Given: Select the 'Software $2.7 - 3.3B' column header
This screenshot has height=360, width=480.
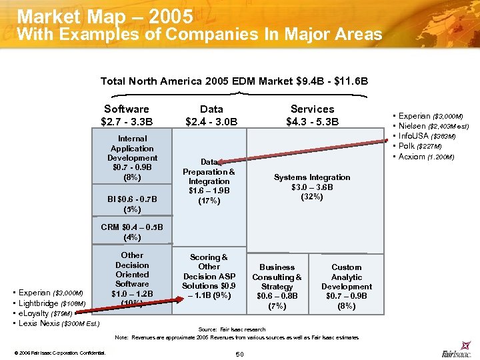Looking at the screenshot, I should click(x=126, y=115).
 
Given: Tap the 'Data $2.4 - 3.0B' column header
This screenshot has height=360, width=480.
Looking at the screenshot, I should click(x=211, y=115).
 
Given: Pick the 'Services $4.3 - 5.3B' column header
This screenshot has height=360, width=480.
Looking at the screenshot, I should click(x=312, y=115).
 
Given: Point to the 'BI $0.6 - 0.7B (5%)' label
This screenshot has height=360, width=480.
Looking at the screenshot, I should click(x=133, y=203).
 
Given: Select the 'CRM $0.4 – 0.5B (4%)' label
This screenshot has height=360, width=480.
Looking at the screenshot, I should click(x=131, y=231).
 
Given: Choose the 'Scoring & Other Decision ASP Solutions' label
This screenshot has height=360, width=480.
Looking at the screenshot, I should click(x=209, y=276).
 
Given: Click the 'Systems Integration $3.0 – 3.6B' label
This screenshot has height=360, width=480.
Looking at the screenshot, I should click(x=312, y=187).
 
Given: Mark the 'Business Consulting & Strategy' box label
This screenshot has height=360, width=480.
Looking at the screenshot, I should click(x=277, y=286).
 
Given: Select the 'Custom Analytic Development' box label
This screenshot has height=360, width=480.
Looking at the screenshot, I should click(x=347, y=286).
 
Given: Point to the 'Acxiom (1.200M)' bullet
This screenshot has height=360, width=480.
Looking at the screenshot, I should click(x=426, y=157).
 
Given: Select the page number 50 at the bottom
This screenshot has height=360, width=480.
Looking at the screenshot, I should click(x=240, y=353).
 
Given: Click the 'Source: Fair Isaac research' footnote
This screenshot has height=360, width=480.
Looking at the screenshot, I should click(x=232, y=329).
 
